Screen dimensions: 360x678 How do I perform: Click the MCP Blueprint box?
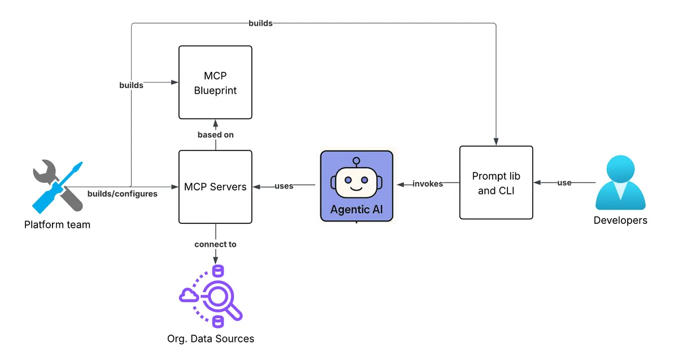(215, 83)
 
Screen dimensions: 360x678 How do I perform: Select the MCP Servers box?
(215, 186)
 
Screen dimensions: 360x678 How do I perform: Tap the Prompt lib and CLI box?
(496, 183)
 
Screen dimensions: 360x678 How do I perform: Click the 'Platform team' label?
(57, 224)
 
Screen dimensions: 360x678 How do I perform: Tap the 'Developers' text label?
(620, 220)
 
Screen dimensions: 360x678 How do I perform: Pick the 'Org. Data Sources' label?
(211, 339)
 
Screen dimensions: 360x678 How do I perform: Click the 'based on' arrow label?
(215, 135)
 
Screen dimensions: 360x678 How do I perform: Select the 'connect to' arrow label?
(215, 244)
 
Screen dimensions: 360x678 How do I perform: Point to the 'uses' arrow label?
(284, 185)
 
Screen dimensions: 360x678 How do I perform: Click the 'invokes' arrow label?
(428, 184)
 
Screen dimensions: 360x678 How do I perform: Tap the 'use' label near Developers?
(564, 183)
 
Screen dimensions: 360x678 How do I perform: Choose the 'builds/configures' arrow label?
(123, 194)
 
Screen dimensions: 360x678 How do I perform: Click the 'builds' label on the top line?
(260, 23)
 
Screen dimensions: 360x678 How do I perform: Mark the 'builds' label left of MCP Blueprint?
(131, 85)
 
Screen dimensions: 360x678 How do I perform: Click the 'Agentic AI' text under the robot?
(357, 209)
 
